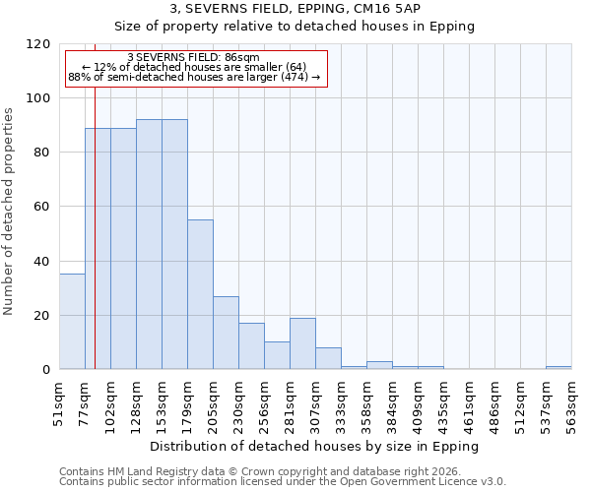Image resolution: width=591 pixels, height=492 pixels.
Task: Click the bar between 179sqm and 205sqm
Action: [x=200, y=294]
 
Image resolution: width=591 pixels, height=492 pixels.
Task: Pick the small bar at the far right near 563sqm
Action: [x=558, y=368]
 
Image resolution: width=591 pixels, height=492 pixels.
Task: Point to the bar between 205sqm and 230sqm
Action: [x=226, y=333]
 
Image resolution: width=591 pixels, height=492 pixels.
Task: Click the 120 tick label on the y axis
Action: [x=39, y=44]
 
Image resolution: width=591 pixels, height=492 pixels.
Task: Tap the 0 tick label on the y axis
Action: [x=46, y=370]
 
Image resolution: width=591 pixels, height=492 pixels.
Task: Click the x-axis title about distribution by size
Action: [x=314, y=446]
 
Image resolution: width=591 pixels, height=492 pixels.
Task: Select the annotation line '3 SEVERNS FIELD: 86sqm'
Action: [x=194, y=58]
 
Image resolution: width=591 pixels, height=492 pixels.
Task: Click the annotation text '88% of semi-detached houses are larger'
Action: [x=194, y=78]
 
